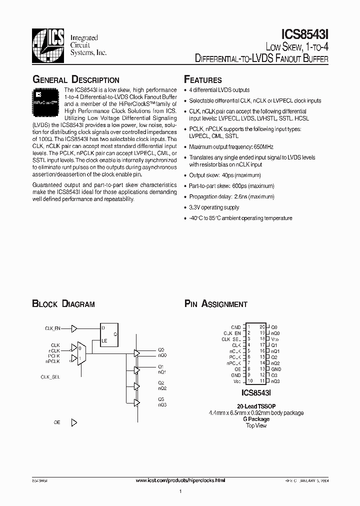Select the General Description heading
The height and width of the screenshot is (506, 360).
pyautogui.click(x=75, y=80)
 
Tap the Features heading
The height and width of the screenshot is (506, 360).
pyautogui.click(x=203, y=80)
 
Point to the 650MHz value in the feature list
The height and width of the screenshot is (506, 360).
pyautogui.click(x=262, y=147)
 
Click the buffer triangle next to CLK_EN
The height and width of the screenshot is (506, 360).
pyautogui.click(x=74, y=328)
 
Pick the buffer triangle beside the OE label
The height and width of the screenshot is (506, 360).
pyautogui.click(x=74, y=422)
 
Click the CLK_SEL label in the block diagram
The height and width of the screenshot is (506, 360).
pyautogui.click(x=50, y=377)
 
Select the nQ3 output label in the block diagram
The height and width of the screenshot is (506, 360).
pyautogui.click(x=162, y=404)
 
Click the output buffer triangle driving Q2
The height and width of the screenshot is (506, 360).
pyautogui.click(x=136, y=386)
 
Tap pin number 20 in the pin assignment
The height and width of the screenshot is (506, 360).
pyautogui.click(x=262, y=326)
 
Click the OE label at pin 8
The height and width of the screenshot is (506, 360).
pyautogui.click(x=238, y=368)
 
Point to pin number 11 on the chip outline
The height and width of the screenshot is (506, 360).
pyautogui.click(x=262, y=380)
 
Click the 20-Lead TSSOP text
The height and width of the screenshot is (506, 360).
pyautogui.click(x=256, y=406)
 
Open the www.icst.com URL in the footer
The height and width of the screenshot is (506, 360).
pyautogui.click(x=180, y=480)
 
